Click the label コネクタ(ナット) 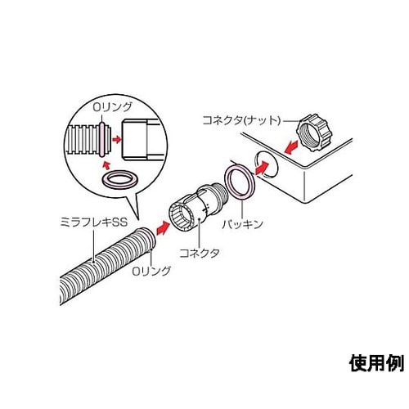click(x=241, y=119)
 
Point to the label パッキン click(x=263, y=222)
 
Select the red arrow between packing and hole click(x=262, y=169)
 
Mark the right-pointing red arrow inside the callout click(x=116, y=140)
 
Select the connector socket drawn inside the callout click(x=140, y=139)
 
